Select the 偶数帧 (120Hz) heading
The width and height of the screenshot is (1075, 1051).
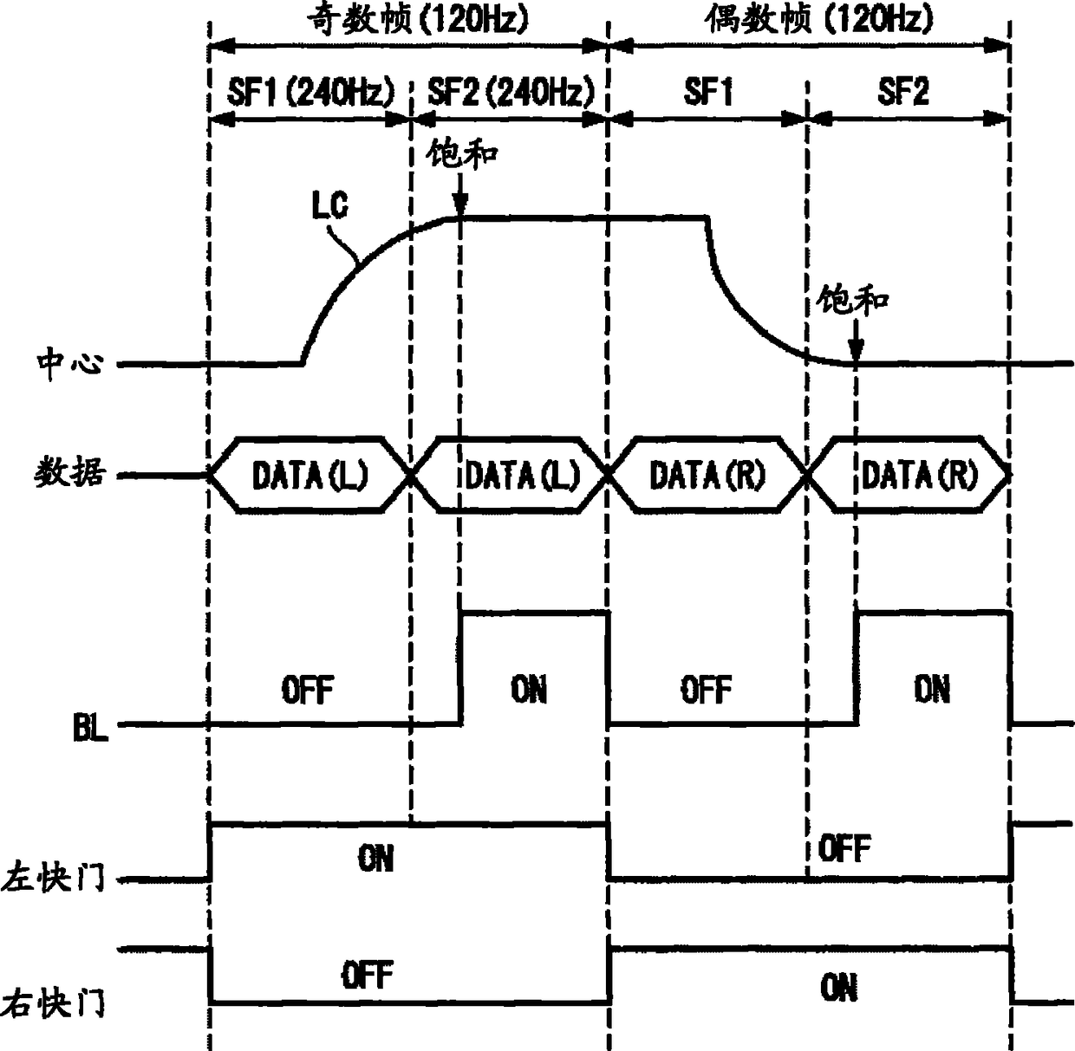[x=818, y=18]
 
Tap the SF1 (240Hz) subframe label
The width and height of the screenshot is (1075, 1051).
[x=310, y=91]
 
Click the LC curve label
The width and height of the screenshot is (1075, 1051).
[x=330, y=206]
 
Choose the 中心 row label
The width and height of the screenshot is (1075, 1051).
[x=69, y=364]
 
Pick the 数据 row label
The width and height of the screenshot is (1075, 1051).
[x=69, y=474]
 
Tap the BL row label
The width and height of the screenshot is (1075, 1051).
[x=90, y=729]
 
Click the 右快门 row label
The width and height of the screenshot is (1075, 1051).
[x=54, y=1004]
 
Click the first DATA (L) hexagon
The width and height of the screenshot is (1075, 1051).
[x=309, y=475]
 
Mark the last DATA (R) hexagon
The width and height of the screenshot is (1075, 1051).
[x=919, y=475]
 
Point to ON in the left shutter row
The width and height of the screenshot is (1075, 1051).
[x=375, y=859]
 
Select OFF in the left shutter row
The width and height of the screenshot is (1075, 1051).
[x=844, y=848]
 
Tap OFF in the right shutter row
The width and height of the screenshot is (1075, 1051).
[x=368, y=976]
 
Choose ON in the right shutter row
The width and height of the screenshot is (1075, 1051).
[x=839, y=987]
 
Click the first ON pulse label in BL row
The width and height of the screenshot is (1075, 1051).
[x=529, y=690]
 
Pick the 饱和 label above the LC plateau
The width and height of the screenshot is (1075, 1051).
[x=463, y=154]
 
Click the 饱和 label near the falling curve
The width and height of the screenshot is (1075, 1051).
[x=853, y=302]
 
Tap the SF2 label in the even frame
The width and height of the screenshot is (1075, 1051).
[x=903, y=91]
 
